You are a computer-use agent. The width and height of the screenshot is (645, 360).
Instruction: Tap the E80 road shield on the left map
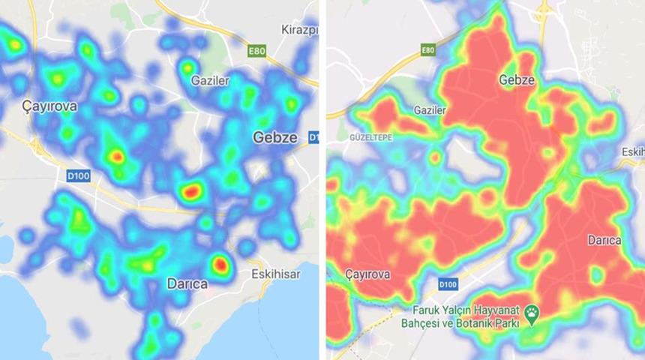[x=258, y=50]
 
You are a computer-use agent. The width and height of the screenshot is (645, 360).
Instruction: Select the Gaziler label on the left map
[x=208, y=80]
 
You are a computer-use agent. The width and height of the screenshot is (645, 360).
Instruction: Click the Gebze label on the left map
[x=275, y=137]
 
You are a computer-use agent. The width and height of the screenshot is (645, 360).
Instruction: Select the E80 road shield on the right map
[x=428, y=50]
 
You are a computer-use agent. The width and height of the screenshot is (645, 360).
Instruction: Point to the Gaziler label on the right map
[x=430, y=110]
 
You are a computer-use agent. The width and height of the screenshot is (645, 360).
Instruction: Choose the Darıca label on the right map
[x=604, y=241]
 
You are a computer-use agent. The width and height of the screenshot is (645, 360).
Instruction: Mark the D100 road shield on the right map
[x=448, y=284]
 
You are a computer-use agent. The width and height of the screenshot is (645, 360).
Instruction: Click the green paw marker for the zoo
[x=532, y=316]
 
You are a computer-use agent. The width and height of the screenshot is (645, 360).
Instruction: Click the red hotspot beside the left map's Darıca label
[x=219, y=264]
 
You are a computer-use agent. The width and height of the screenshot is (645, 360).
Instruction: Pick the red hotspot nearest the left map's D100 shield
[x=116, y=156]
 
